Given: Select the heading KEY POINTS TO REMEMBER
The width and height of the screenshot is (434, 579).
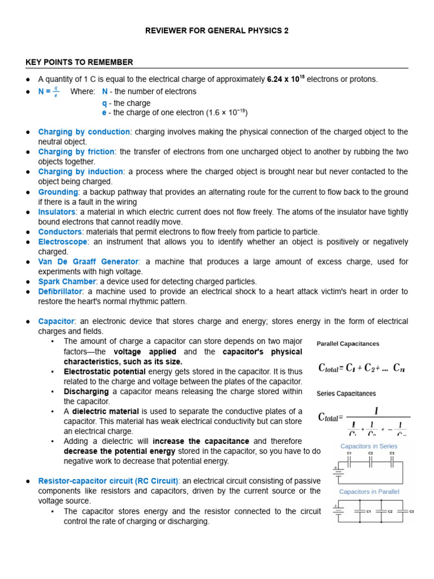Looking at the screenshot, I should click(79, 62).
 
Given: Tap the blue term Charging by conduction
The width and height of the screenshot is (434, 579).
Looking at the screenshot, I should click(84, 132).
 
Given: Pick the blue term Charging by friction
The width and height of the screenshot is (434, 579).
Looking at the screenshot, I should click(76, 152).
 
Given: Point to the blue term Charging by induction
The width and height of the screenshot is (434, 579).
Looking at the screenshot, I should click(80, 171).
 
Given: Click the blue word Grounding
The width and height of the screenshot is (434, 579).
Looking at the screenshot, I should click(58, 192).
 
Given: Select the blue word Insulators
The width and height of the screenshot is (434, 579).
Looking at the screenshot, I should click(57, 212).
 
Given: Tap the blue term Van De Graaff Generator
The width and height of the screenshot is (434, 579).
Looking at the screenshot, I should click(88, 262).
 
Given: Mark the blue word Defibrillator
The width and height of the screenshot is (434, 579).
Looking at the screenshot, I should click(60, 292).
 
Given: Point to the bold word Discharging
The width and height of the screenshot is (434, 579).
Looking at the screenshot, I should click(86, 391).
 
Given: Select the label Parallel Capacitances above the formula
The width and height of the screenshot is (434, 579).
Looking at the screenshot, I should click(348, 344).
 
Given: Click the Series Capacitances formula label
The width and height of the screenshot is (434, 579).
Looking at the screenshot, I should click(346, 394).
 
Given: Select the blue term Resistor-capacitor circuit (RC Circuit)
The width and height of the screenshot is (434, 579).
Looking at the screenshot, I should click(108, 481).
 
